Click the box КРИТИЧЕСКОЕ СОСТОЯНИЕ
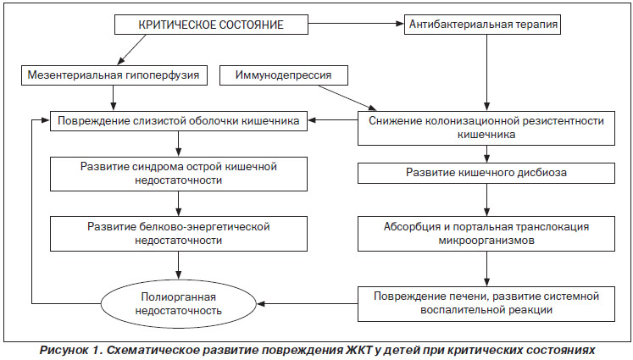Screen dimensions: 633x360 click(211, 25)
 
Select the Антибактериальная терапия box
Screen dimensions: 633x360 click(482, 25)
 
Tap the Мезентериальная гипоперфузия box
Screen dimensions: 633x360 click(114, 75)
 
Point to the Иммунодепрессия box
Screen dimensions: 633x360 click(284, 75)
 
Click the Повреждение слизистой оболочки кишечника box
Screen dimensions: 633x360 click(179, 120)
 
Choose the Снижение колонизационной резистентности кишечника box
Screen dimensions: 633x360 click(486, 128)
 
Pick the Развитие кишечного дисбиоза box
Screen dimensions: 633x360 click(486, 173)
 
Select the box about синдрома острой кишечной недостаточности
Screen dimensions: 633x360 click(179, 174)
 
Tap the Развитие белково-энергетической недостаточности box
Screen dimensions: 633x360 click(179, 234)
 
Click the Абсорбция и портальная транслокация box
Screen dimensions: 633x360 click(486, 234)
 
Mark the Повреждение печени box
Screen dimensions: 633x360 click(486, 304)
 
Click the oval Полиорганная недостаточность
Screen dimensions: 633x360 click(179, 304)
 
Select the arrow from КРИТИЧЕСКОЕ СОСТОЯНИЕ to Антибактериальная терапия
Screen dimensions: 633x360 click(356, 24)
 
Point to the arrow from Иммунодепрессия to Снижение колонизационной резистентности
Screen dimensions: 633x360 click(347, 97)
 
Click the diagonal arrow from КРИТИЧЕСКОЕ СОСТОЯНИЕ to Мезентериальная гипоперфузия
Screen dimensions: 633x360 click(131, 50)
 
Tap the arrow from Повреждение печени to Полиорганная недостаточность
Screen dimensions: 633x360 click(308, 303)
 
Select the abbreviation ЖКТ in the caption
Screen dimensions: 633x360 click(359, 350)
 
